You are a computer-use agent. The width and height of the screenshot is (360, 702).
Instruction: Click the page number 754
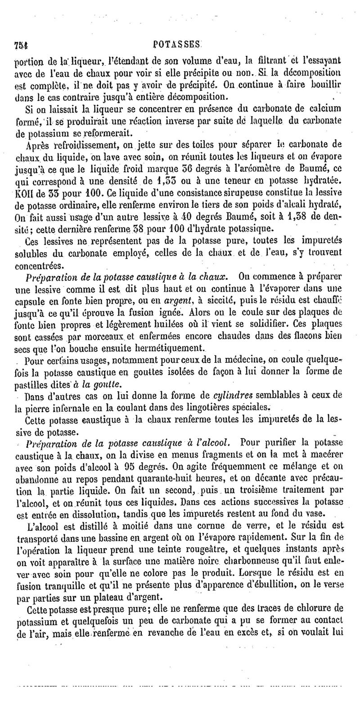pyautogui.click(x=21, y=45)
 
